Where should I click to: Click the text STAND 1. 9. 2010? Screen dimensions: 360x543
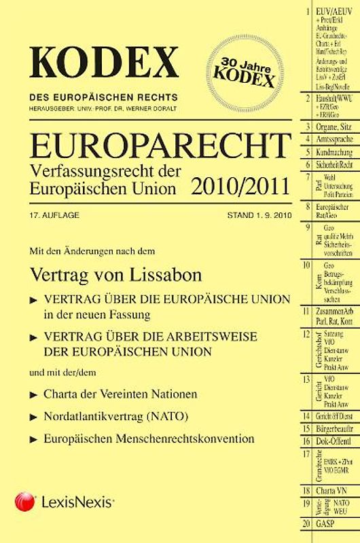click(251, 214)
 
